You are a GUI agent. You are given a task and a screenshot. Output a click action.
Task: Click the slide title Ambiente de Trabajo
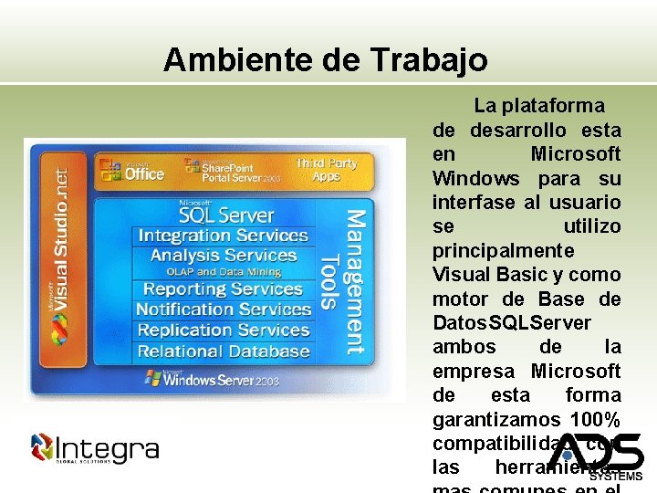(326, 60)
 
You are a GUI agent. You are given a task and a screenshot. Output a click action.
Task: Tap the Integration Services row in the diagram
(223, 236)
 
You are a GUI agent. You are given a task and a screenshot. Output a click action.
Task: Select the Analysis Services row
(223, 256)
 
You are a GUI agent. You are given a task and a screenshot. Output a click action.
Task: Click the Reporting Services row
(223, 289)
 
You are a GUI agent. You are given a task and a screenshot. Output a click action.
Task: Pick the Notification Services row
(223, 309)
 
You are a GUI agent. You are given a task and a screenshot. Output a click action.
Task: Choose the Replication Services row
(223, 330)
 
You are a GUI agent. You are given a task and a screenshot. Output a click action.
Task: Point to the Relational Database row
(223, 351)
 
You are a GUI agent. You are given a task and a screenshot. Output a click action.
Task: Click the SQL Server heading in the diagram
(225, 215)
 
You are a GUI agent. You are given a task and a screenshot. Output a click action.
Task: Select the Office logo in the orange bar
(132, 171)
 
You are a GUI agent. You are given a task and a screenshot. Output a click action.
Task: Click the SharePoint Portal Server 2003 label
(232, 171)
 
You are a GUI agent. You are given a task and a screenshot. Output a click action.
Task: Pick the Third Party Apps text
(326, 170)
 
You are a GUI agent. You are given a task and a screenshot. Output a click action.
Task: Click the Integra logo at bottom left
(94, 448)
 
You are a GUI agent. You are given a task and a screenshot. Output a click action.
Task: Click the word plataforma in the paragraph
(558, 106)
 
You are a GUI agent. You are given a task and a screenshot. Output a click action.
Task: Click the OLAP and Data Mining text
(223, 272)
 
